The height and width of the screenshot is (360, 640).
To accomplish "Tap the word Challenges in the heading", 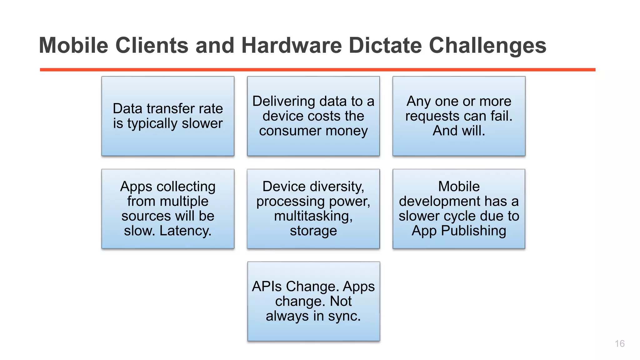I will tap(487, 46).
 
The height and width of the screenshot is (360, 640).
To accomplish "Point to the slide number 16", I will tap(619, 344).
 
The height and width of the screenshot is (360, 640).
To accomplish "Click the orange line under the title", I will tap(317, 70).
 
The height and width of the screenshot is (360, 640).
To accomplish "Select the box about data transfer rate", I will tap(168, 116).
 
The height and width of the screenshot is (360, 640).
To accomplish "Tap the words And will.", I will tap(459, 131).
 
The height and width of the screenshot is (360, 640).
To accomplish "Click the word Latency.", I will tap(185, 231).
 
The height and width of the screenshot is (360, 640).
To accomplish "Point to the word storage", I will tap(313, 231).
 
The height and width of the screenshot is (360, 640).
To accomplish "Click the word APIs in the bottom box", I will tap(267, 287).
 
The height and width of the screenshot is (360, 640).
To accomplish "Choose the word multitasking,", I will tap(313, 216).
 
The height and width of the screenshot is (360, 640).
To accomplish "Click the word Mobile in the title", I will tap(73, 46).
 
